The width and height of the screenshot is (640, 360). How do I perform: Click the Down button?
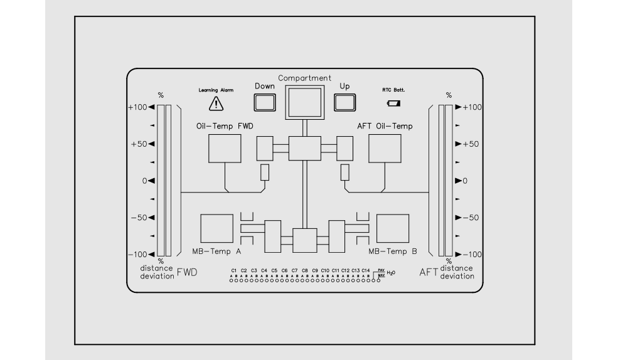[x=265, y=102]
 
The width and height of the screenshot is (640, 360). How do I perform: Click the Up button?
[x=344, y=102]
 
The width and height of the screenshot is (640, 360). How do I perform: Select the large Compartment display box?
[x=304, y=102]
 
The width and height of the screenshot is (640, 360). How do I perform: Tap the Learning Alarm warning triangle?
[x=216, y=103]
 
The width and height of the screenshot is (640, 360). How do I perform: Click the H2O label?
[x=391, y=273]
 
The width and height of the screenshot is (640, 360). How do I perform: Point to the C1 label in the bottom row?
[x=234, y=270]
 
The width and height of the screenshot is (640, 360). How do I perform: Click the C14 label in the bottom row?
[x=366, y=270]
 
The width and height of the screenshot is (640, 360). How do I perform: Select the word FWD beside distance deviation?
[x=187, y=272]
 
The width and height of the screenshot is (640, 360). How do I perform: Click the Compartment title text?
[x=304, y=78]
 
